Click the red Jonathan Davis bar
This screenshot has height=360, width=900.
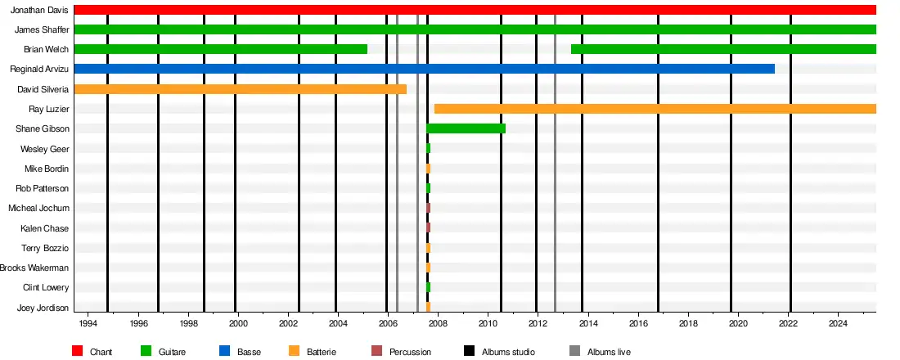tap(475, 10)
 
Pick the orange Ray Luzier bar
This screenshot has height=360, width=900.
tap(655, 109)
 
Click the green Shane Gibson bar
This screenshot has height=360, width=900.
tap(466, 128)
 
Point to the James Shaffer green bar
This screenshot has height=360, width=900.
tap(475, 29)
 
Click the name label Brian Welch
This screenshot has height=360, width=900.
tap(46, 49)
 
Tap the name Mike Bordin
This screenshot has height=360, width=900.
tap(47, 169)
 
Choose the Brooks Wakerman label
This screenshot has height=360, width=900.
tap(34, 268)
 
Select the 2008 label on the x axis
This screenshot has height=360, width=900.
tap(438, 323)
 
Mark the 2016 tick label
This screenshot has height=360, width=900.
tap(638, 323)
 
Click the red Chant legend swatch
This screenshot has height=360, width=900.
tap(78, 352)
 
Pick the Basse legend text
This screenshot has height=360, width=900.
tap(249, 352)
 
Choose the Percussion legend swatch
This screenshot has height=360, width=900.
tap(376, 352)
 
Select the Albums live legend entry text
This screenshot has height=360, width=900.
tap(609, 352)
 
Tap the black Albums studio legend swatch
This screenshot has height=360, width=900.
tap(470, 352)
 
